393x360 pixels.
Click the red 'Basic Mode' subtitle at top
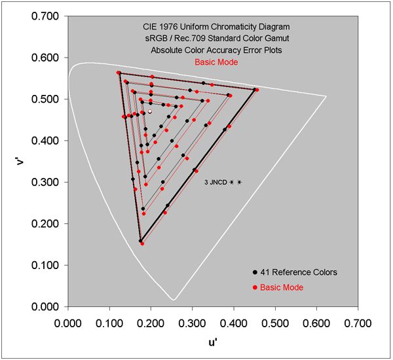coord(216,62)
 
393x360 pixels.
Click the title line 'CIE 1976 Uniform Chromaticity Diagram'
coord(216,27)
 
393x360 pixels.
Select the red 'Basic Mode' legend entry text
coord(282,287)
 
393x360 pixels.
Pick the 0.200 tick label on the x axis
coord(151,323)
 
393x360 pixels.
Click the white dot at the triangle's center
coord(150,112)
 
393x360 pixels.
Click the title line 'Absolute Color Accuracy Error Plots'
coord(216,50)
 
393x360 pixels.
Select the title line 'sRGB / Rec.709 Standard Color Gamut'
coord(216,39)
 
